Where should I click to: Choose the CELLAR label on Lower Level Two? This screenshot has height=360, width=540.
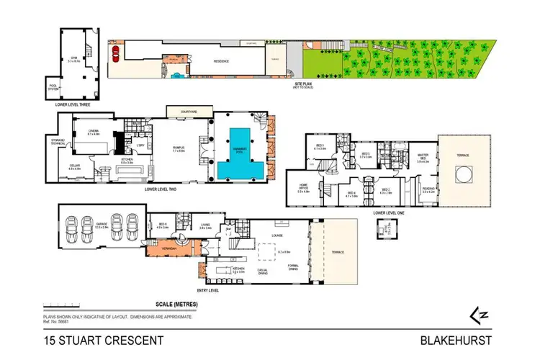click(x=74, y=166)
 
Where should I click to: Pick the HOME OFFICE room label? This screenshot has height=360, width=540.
click(x=304, y=189)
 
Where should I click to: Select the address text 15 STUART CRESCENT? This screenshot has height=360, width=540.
click(x=104, y=341)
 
